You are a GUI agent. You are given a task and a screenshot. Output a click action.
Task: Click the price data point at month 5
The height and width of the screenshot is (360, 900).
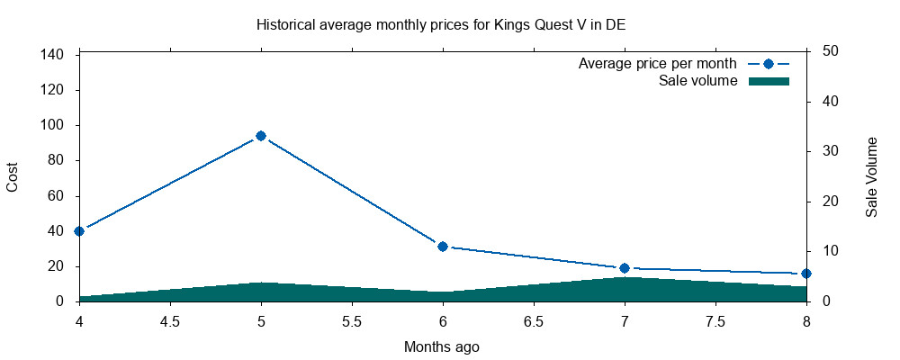261,136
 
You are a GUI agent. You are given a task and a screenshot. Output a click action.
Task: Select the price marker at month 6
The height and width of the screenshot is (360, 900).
443,247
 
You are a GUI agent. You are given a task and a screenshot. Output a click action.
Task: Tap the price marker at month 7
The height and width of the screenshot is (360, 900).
625,268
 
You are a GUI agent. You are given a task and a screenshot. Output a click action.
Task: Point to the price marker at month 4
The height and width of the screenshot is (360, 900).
79,231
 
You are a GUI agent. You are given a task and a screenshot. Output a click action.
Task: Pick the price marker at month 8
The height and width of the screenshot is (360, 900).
806,274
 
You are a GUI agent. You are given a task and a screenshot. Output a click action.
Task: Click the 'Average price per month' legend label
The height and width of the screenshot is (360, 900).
657,64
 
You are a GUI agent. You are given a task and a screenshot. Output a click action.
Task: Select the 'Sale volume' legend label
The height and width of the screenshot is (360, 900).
698,81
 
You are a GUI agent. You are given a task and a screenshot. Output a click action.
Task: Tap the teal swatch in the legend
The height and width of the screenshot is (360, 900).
769,81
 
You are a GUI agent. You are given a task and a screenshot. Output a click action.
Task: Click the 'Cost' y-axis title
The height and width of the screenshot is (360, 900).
13,176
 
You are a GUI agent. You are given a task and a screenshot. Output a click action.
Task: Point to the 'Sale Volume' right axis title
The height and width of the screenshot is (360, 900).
871,176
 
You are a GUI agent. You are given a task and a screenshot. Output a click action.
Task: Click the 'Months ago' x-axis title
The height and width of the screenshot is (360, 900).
441,346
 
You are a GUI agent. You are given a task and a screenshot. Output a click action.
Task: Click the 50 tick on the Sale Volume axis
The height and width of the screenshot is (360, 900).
831,51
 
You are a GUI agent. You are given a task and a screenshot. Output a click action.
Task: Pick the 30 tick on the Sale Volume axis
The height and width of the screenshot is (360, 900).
831,151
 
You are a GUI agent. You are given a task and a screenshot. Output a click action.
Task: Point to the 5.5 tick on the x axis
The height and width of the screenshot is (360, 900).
352,321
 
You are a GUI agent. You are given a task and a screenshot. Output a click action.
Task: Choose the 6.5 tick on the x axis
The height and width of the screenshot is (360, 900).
534,321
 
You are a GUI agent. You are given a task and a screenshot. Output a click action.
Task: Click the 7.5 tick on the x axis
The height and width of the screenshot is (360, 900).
715,321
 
